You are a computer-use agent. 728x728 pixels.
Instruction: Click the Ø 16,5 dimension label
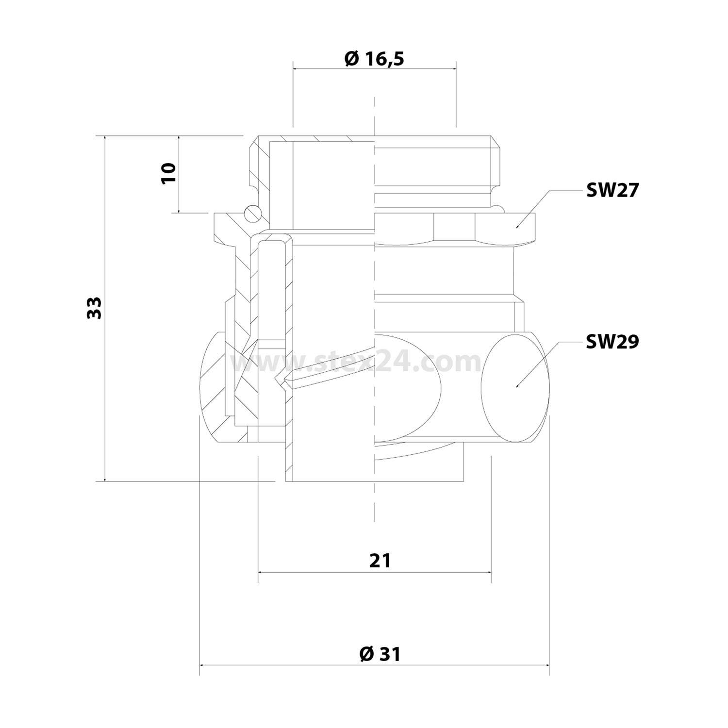(x=374, y=59)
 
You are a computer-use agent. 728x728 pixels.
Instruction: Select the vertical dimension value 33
(x=95, y=308)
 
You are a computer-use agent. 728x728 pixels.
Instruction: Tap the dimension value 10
(x=168, y=173)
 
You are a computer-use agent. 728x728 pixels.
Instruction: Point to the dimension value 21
(x=380, y=561)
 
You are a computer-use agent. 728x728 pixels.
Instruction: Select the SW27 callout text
(x=612, y=191)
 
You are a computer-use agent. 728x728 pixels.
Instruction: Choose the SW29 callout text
(x=612, y=342)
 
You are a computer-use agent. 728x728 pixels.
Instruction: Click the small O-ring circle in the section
(x=252, y=212)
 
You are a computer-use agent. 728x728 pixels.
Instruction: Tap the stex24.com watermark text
(x=357, y=362)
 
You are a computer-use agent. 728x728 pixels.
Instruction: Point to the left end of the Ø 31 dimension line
(x=200, y=665)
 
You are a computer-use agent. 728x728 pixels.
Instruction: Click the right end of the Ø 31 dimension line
(x=549, y=665)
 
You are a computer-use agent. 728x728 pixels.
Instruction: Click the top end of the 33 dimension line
(x=104, y=136)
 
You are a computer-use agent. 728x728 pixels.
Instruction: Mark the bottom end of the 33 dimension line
(x=104, y=481)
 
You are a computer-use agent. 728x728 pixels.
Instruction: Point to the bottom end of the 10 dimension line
(x=179, y=213)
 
